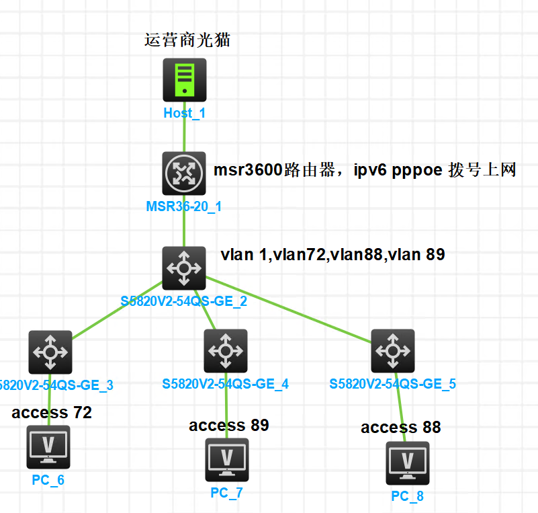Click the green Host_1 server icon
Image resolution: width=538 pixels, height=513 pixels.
185,79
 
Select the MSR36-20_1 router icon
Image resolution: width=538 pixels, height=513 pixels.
184,173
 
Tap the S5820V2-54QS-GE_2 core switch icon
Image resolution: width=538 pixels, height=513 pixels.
184,268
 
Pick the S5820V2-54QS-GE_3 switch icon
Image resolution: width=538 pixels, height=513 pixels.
50,352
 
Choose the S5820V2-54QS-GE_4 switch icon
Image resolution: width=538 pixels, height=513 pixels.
226,351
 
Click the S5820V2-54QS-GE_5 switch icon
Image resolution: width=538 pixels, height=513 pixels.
393,351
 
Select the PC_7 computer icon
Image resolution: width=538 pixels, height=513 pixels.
226,460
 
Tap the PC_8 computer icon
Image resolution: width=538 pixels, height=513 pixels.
408,463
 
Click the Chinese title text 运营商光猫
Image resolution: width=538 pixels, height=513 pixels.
187,40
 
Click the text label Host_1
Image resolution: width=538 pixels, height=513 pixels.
185,113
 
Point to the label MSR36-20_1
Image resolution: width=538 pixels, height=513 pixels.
183,206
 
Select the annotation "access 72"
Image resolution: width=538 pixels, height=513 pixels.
52,412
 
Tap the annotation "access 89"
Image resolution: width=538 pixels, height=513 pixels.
229,425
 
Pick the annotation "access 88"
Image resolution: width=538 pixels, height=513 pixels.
401,427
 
